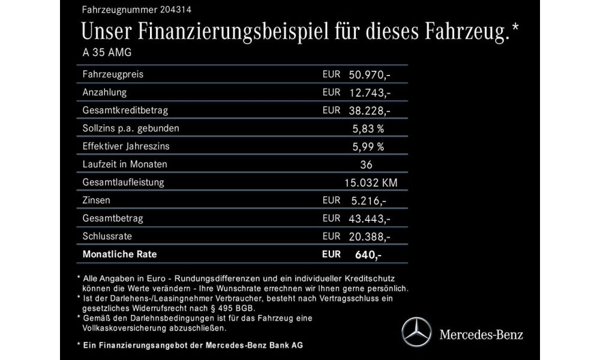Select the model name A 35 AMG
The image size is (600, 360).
(106, 52)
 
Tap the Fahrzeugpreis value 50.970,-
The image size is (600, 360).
(370, 74)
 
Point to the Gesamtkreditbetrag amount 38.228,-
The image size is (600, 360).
(370, 110)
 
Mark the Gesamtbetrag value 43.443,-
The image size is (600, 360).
(370, 218)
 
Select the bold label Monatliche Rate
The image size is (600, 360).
(119, 254)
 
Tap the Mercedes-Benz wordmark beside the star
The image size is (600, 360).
(482, 334)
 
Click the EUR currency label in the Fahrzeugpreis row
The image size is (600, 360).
(331, 74)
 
